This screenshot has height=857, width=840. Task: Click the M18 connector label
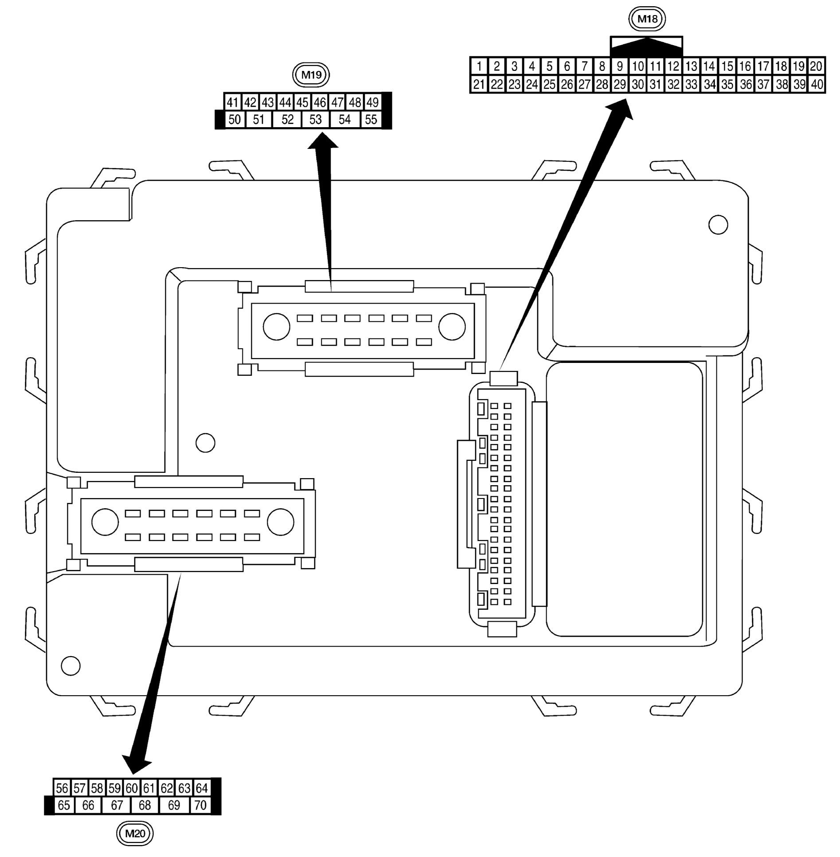coord(647,19)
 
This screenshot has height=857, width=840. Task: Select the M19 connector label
coord(311,74)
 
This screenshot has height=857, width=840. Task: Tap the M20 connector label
coord(135,833)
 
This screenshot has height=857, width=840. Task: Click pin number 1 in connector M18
coord(479,66)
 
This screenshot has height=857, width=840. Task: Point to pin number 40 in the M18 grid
coord(817,84)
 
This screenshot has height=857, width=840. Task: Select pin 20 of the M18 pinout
coord(816,66)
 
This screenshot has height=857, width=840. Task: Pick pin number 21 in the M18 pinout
coord(479,84)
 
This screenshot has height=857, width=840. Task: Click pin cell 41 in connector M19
coord(233,102)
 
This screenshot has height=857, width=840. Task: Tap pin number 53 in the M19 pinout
coord(315,119)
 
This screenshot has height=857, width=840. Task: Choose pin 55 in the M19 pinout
coord(371,119)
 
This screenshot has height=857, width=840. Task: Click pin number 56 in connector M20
coord(62,788)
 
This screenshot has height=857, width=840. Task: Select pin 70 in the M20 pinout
coord(200,805)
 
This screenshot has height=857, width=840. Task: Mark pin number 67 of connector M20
coord(117,805)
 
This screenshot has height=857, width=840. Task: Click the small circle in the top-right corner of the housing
coord(718,225)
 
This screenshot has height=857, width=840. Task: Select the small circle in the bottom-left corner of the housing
coord(70,666)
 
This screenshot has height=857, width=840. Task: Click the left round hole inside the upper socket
coord(276,327)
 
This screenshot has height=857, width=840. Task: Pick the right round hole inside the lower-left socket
coord(280,522)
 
